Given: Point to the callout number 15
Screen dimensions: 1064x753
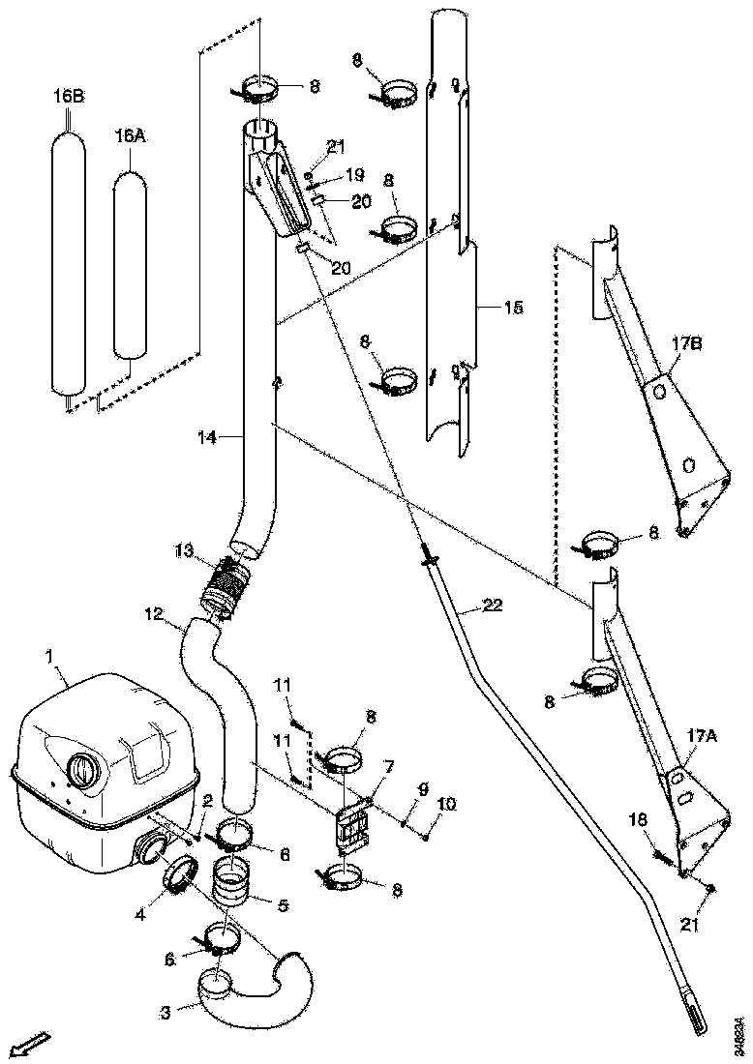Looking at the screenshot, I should tap(513, 308).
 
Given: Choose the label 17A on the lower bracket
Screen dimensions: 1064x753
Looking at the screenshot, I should tap(702, 736).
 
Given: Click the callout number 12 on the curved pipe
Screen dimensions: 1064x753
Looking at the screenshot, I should tap(155, 613).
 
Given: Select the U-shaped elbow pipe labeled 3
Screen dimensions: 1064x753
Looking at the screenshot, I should tap(254, 987).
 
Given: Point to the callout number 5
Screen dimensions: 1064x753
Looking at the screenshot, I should tap(284, 906).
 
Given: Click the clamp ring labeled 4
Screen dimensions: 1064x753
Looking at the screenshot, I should tap(178, 875).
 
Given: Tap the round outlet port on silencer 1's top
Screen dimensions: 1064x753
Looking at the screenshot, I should tap(81, 772).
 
